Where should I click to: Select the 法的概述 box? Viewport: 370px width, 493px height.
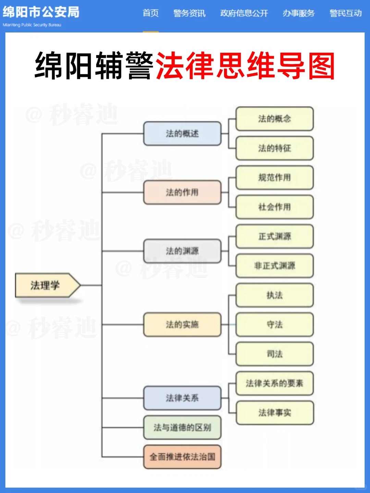[x=182, y=134]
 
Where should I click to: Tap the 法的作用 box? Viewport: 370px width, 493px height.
[x=182, y=192]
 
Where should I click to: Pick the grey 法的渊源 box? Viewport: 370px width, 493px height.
[x=182, y=251]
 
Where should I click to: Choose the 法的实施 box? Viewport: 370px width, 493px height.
[x=182, y=324]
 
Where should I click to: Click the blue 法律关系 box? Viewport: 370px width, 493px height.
[x=182, y=398]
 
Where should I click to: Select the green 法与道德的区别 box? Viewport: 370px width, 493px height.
[x=182, y=427]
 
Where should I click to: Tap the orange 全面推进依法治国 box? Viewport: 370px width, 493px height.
[x=182, y=457]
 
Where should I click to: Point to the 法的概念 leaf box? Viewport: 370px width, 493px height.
[x=274, y=119]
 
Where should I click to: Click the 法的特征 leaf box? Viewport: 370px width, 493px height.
[x=274, y=148]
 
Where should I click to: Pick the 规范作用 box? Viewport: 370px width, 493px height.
[x=274, y=177]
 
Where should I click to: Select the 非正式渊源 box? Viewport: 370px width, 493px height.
[x=274, y=266]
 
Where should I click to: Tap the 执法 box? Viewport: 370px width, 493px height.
[x=274, y=295]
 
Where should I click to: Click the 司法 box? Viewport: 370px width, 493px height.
[x=274, y=354]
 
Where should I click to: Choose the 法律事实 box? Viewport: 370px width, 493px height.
[x=274, y=413]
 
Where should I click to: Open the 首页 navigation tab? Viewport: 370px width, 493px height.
[x=151, y=13]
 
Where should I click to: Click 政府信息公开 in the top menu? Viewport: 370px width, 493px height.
[x=244, y=13]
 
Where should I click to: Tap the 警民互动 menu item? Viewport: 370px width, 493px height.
[x=345, y=13]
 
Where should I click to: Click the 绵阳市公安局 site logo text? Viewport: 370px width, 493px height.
[x=41, y=12]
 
